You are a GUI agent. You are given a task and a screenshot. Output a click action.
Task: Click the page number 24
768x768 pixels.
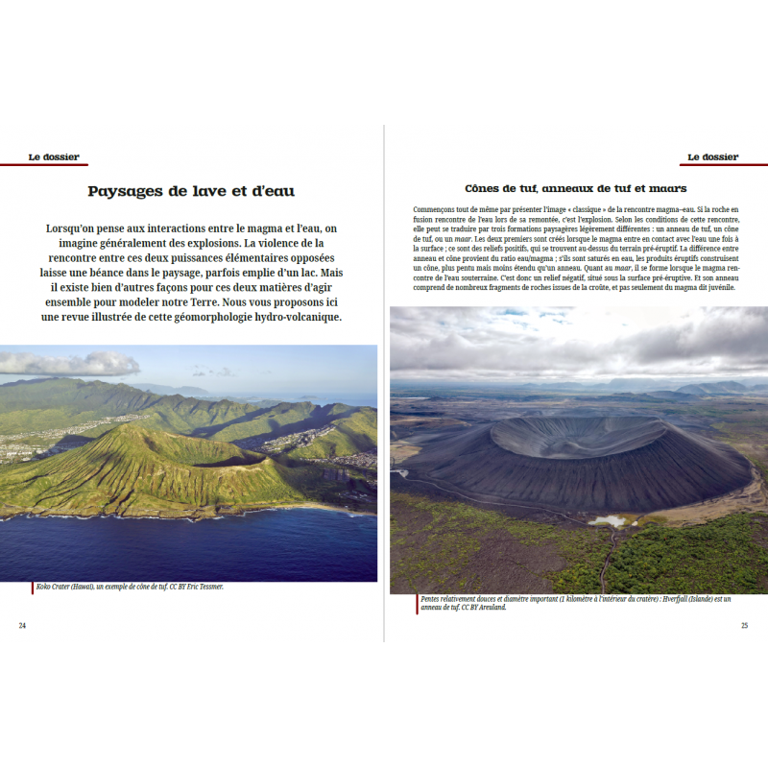22,625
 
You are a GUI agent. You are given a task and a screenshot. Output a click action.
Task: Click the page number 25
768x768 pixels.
744,625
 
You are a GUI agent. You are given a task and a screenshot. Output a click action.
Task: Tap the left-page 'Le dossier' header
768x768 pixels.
54,156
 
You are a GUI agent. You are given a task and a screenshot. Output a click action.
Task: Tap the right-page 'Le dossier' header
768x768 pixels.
713,156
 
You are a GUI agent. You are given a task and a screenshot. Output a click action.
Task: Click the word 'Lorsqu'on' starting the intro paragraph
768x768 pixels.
76,228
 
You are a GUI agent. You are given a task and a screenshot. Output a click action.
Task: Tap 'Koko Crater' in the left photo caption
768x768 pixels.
57,586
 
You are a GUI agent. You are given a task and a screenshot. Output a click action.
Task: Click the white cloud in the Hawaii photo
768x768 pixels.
67,363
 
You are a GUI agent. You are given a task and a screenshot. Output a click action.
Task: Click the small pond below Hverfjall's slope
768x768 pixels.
608,520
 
